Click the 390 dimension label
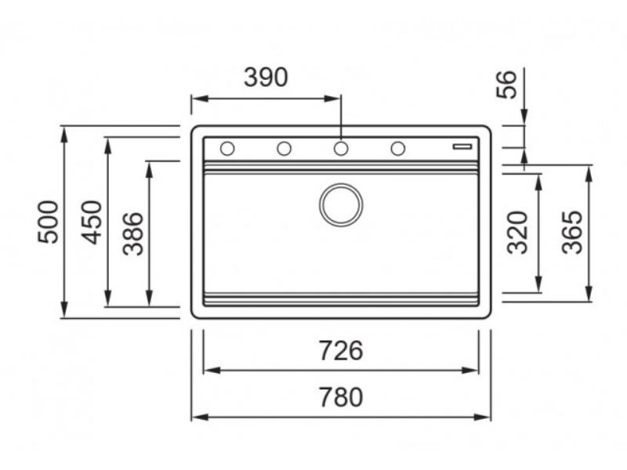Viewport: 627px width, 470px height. [x=266, y=78]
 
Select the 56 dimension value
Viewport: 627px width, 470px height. [x=507, y=84]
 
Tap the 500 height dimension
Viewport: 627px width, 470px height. [x=49, y=222]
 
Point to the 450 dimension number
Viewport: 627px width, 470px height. [x=92, y=222]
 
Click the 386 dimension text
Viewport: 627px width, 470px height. [x=134, y=233]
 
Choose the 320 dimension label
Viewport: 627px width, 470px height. [x=517, y=233]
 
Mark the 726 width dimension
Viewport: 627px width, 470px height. [x=340, y=351]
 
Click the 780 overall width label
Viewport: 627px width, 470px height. [x=340, y=397]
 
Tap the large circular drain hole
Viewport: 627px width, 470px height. [x=341, y=204]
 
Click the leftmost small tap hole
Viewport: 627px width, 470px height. [x=227, y=148]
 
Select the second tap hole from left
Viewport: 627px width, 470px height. [x=284, y=148]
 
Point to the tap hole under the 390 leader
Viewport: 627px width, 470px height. [x=341, y=148]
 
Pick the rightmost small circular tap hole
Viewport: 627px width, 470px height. [x=397, y=148]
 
